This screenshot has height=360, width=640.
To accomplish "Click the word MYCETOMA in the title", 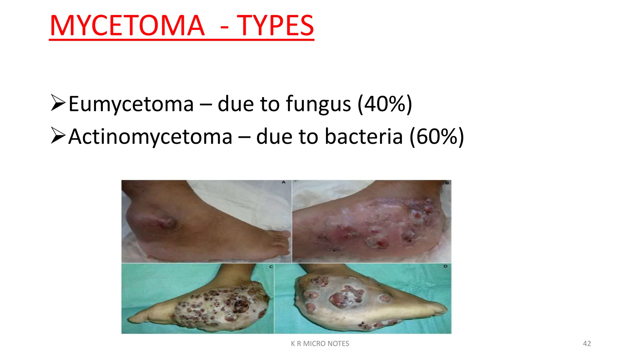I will click(x=127, y=26).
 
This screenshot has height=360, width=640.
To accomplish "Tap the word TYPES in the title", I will click(x=275, y=26).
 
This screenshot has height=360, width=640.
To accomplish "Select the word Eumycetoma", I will click(x=131, y=104).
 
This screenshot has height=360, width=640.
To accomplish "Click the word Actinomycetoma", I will click(x=150, y=137).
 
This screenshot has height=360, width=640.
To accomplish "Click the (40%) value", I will click(x=385, y=104).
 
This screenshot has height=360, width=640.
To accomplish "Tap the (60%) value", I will click(x=437, y=137).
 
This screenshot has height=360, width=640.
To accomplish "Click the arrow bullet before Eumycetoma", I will click(x=58, y=103).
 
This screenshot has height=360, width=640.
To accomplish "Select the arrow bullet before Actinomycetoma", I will click(x=58, y=136).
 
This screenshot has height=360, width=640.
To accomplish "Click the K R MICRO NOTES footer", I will click(x=320, y=343).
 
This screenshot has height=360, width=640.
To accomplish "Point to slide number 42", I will click(x=587, y=343).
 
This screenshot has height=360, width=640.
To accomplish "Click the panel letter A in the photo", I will click(x=284, y=182).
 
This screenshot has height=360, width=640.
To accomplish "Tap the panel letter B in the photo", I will click(x=447, y=182).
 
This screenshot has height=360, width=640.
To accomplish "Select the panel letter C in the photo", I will click(x=271, y=267).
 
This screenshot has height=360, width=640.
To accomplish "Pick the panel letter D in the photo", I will click(x=445, y=266).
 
